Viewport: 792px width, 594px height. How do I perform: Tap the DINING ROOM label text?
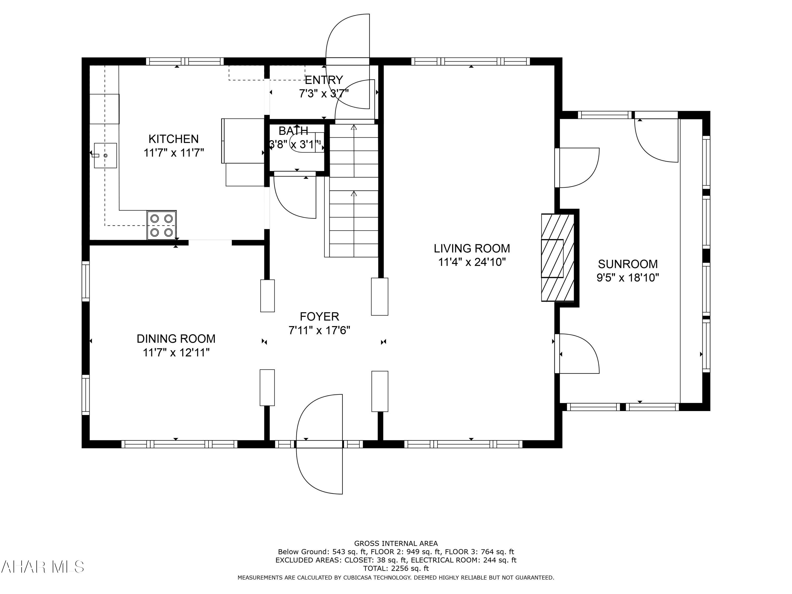click(176, 339)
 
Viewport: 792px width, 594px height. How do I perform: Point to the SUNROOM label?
click(628, 264)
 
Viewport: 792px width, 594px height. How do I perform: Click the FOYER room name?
click(319, 317)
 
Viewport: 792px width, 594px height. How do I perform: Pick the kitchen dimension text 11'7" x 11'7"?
click(174, 153)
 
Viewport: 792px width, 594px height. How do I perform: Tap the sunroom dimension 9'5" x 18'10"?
click(628, 278)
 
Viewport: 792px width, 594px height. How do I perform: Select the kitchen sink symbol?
click(105, 155)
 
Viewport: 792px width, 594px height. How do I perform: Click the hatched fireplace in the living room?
click(558, 258)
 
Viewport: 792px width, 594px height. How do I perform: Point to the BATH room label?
click(293, 131)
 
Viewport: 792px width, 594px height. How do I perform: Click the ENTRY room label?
click(324, 80)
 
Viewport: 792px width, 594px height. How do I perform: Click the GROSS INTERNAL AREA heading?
click(396, 544)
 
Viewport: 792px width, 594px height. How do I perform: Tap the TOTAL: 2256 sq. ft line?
click(396, 568)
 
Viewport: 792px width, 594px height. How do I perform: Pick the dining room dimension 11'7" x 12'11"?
click(176, 353)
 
